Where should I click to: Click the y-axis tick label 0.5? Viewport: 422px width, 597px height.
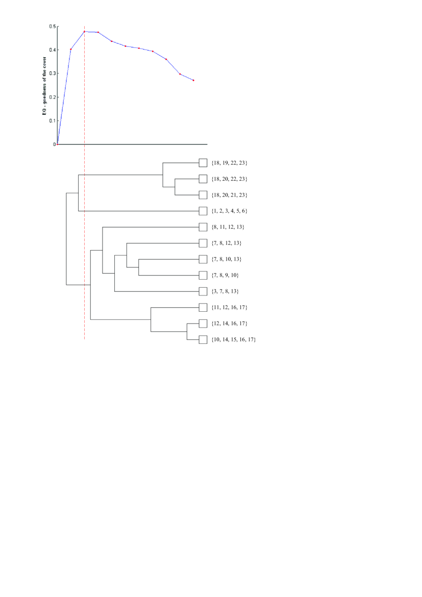pos(53,26)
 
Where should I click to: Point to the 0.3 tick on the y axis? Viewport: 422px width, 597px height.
pos(53,73)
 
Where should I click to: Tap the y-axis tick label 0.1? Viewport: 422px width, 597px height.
pos(53,121)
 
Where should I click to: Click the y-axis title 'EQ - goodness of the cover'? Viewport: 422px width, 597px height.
pos(45,85)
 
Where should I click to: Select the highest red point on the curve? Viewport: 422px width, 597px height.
pos(84,32)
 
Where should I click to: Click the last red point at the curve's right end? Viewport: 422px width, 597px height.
pos(193,80)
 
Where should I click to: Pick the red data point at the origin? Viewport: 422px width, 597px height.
pos(58,144)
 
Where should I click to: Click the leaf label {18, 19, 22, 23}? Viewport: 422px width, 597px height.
pos(229,163)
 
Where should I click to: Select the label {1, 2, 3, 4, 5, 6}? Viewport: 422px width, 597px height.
pos(229,211)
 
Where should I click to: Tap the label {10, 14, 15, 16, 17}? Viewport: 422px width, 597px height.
pos(233,339)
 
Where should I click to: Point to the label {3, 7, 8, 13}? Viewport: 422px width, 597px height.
pos(225,291)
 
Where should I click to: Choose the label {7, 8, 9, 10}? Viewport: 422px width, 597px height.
pos(225,276)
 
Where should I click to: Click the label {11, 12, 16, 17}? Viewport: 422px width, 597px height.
pos(229,307)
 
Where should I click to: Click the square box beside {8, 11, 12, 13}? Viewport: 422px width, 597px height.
pos(203,227)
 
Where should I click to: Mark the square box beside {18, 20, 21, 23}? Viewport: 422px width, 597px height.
pos(203,195)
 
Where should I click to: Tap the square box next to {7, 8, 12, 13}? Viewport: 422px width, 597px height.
pos(203,243)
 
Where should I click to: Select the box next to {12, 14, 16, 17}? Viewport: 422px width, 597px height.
pos(203,324)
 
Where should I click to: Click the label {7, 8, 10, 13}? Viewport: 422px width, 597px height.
pos(227,259)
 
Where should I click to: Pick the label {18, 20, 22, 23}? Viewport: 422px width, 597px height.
pos(229,179)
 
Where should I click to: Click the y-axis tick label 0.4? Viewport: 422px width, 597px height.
pos(53,50)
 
